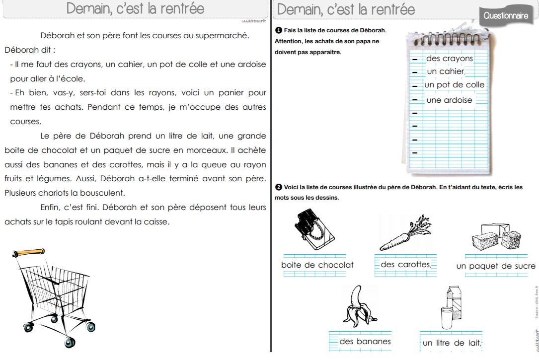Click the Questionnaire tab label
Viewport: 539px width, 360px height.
(x=506, y=16)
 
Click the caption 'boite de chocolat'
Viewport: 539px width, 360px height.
(x=317, y=265)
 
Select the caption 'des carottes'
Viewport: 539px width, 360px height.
(x=405, y=265)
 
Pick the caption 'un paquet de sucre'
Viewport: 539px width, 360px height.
(x=496, y=266)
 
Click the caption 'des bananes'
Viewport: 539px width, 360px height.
(x=365, y=341)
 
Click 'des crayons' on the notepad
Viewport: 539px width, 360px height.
(x=449, y=59)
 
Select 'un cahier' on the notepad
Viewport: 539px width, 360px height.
(x=445, y=72)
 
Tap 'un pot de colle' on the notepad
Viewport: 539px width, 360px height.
(x=454, y=85)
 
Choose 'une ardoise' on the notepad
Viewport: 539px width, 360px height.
(x=449, y=100)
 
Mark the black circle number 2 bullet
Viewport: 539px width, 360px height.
(x=279, y=187)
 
